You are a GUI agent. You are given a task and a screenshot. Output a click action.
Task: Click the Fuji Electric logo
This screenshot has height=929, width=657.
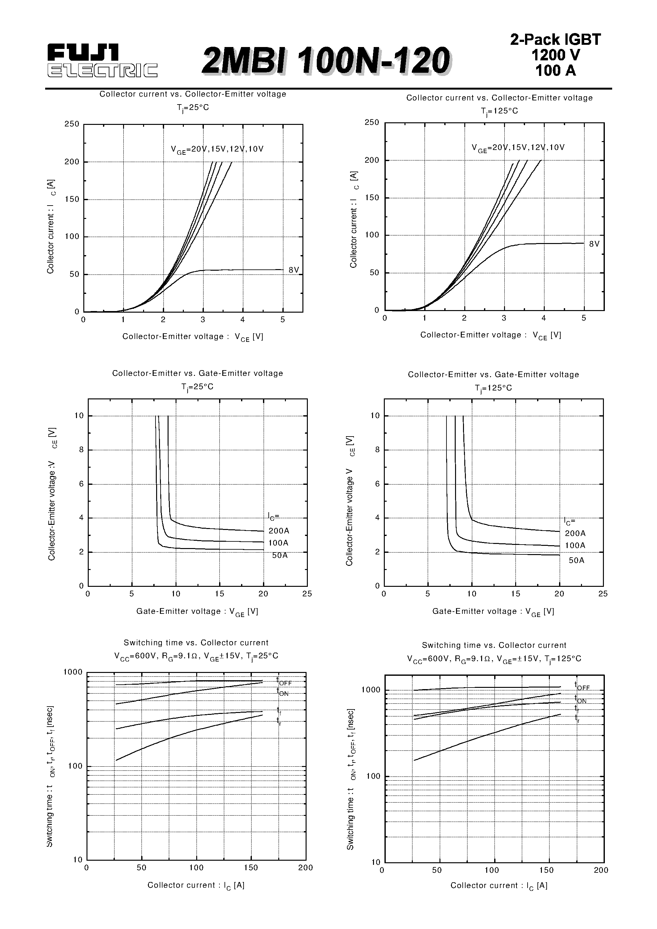(102, 61)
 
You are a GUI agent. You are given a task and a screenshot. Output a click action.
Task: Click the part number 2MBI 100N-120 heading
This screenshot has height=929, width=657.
(326, 61)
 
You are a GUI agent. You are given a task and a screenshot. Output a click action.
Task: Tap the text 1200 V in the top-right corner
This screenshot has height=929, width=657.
(555, 55)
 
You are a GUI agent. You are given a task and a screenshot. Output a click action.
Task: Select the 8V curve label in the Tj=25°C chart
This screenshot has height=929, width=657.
(294, 270)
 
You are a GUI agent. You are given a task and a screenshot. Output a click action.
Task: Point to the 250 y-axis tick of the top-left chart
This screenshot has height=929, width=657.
(72, 124)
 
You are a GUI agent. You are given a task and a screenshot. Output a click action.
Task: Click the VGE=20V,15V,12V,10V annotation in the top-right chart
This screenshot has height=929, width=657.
(518, 148)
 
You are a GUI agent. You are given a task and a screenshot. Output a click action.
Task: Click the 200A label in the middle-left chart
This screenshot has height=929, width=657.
(279, 531)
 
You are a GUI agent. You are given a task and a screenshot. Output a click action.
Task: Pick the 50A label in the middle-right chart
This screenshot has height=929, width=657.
(577, 560)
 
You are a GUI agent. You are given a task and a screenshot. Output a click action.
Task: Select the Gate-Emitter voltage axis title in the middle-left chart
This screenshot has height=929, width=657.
(197, 611)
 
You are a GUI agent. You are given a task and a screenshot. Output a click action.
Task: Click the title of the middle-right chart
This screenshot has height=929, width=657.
(493, 375)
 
